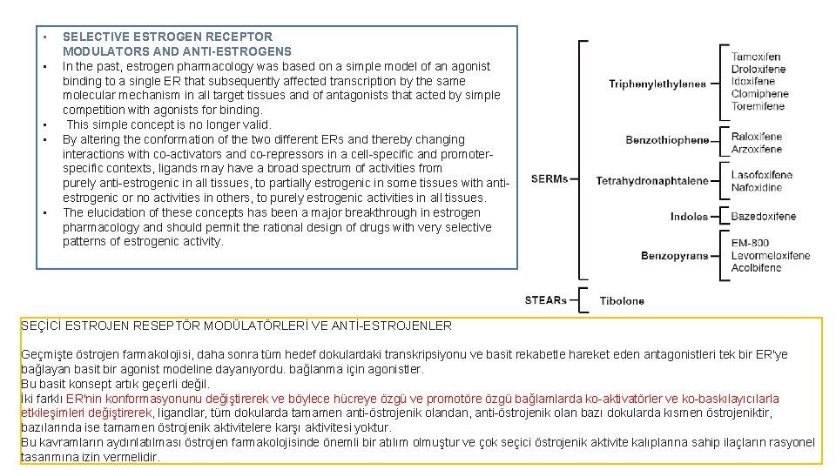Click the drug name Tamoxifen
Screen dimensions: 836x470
755,57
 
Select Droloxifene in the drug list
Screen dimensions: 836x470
758,69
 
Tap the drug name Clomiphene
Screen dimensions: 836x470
759,93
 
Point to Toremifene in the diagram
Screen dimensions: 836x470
758,106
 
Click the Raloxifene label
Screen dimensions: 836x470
756,137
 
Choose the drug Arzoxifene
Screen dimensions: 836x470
756,149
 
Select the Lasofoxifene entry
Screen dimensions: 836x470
761,175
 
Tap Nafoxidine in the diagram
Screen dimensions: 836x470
756,187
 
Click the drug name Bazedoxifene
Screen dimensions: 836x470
763,217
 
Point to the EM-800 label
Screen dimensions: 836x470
750,243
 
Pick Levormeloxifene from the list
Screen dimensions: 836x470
770,256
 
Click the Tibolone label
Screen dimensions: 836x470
622,301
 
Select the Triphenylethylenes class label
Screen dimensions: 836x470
657,84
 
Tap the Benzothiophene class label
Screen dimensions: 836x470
667,140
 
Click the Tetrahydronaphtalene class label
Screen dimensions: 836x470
652,181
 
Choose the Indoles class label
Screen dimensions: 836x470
689,217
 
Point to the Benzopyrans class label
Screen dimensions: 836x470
674,256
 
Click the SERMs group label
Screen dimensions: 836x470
549,179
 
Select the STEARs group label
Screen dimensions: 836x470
545,300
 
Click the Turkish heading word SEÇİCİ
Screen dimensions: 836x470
39,326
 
